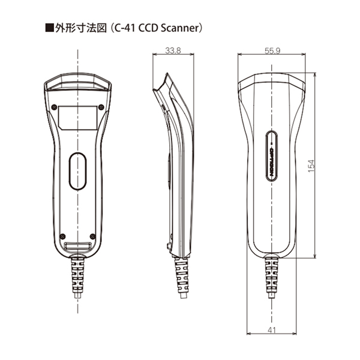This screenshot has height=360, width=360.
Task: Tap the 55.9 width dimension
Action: click(x=271, y=51)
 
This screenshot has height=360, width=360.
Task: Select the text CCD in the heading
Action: click(x=141, y=28)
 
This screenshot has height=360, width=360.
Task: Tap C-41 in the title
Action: click(x=115, y=28)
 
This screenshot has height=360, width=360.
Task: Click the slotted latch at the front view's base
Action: click(x=79, y=247)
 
